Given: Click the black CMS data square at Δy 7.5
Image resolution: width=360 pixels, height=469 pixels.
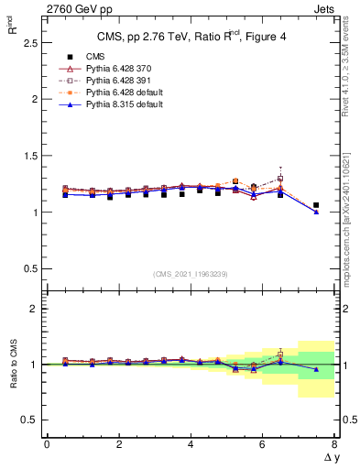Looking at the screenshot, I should point(316,205).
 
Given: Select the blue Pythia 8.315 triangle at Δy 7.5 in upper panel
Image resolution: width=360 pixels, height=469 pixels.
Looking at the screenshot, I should point(316,212).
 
